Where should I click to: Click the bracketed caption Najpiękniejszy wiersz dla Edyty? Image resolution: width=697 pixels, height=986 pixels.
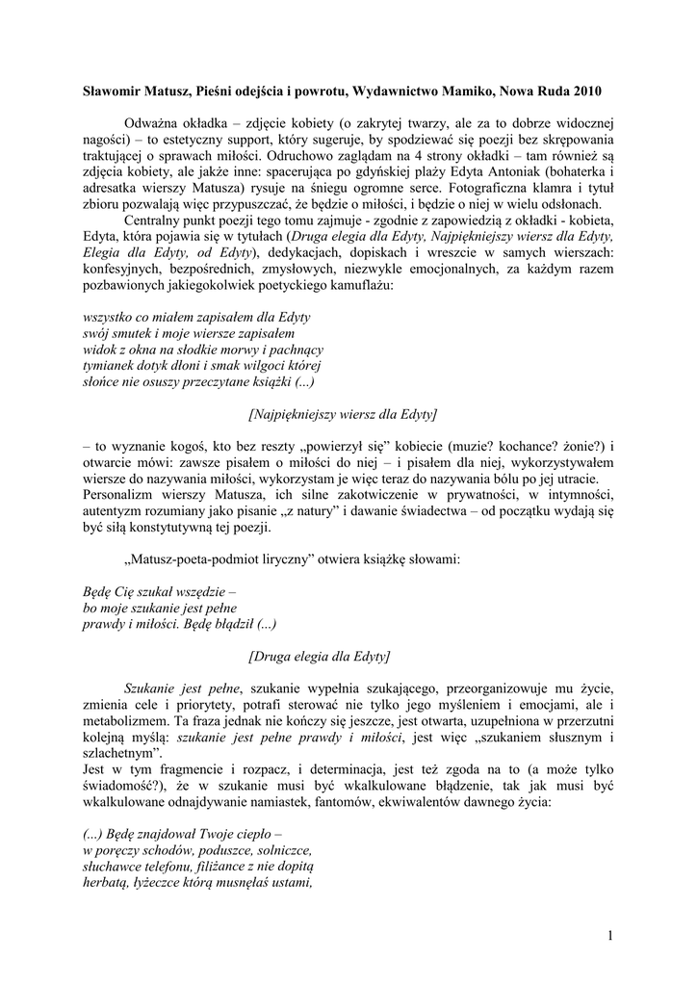(342, 414)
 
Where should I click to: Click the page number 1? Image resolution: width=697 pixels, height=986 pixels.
(609, 934)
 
